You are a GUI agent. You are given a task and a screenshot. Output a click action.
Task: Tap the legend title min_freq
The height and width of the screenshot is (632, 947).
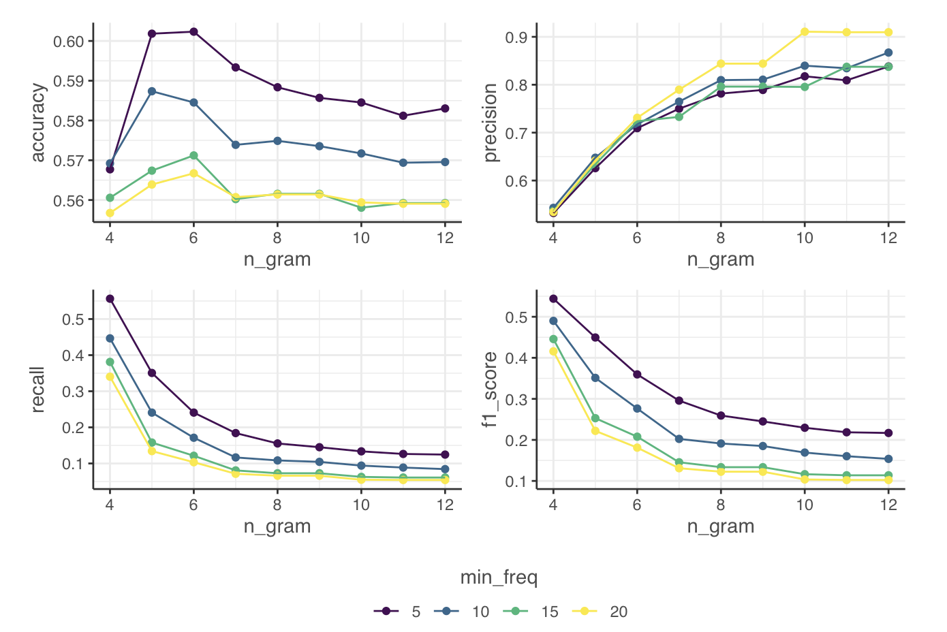click(499, 578)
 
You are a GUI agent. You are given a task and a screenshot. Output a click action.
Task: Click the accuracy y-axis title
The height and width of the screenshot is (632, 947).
click(38, 123)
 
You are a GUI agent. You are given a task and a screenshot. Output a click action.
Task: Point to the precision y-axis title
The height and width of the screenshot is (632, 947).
click(490, 123)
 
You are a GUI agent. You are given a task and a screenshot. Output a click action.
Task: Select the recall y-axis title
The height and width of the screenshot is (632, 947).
click(38, 390)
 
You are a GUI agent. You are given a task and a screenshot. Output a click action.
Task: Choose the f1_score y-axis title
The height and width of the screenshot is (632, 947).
click(490, 390)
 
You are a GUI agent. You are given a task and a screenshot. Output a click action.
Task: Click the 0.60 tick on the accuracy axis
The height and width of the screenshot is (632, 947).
click(68, 42)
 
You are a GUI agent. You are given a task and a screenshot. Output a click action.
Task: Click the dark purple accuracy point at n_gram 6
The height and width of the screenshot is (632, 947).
click(193, 31)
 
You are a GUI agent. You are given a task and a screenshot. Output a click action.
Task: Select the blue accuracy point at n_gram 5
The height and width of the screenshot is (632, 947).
click(152, 91)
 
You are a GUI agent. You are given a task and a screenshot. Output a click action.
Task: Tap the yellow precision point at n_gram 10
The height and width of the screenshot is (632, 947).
click(805, 31)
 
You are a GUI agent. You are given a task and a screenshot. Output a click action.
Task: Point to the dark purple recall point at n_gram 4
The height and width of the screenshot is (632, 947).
click(110, 298)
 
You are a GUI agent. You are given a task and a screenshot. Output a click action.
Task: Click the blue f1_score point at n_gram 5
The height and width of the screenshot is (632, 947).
click(595, 378)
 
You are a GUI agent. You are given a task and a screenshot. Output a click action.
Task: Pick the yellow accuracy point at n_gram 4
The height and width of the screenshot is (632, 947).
click(110, 213)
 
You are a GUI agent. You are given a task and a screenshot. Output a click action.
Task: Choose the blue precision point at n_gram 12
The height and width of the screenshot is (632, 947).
click(888, 52)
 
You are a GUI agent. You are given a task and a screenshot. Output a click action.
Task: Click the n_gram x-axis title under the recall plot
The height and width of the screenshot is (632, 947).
click(277, 526)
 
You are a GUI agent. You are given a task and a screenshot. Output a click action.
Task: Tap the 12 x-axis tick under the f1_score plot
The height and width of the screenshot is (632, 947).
click(888, 505)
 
